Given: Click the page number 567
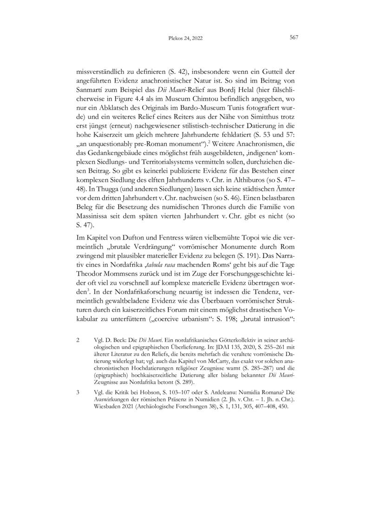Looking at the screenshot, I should point(293,38).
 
